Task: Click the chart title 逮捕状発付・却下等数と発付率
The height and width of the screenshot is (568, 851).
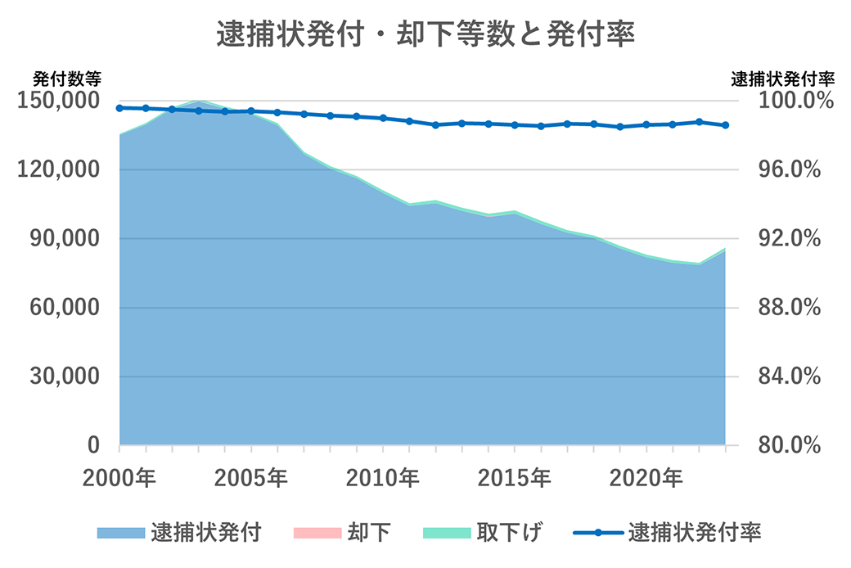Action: point(425,35)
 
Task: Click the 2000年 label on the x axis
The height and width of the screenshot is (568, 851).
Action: point(119,477)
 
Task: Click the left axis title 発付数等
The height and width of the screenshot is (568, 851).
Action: point(67,79)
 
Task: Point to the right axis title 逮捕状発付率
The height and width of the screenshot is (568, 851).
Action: point(781,79)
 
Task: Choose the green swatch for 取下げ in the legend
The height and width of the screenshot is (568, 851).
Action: point(447,533)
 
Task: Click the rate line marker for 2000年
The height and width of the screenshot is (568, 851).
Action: point(119,108)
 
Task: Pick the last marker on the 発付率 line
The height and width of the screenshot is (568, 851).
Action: point(725,125)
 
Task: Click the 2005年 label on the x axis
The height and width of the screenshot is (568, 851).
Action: point(251,477)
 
